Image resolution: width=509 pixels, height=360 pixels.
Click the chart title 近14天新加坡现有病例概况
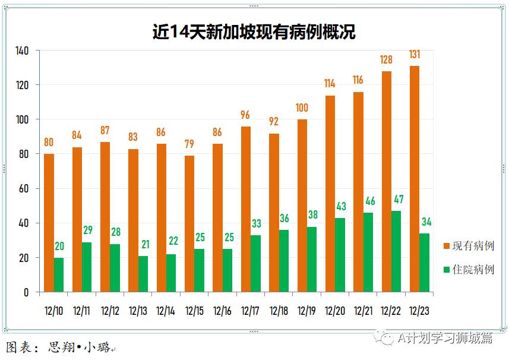tap(254, 31)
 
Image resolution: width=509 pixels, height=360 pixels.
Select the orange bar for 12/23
tap(415, 178)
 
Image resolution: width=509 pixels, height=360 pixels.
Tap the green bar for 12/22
tap(396, 251)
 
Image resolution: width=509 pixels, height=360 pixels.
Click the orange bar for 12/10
tap(49, 223)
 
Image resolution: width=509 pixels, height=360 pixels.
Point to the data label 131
tap(415, 55)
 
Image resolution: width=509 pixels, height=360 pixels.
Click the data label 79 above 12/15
tap(189, 144)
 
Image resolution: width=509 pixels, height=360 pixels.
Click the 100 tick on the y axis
tap(22, 119)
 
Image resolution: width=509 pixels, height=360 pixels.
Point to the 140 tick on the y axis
tap(22, 50)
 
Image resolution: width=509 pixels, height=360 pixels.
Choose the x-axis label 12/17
tap(250, 311)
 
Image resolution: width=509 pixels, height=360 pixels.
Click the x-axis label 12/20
tap(334, 311)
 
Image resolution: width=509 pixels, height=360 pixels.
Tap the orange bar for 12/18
tap(274, 213)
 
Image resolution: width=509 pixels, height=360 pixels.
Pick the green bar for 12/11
tap(87, 267)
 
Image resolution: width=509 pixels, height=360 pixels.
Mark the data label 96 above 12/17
tap(246, 115)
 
